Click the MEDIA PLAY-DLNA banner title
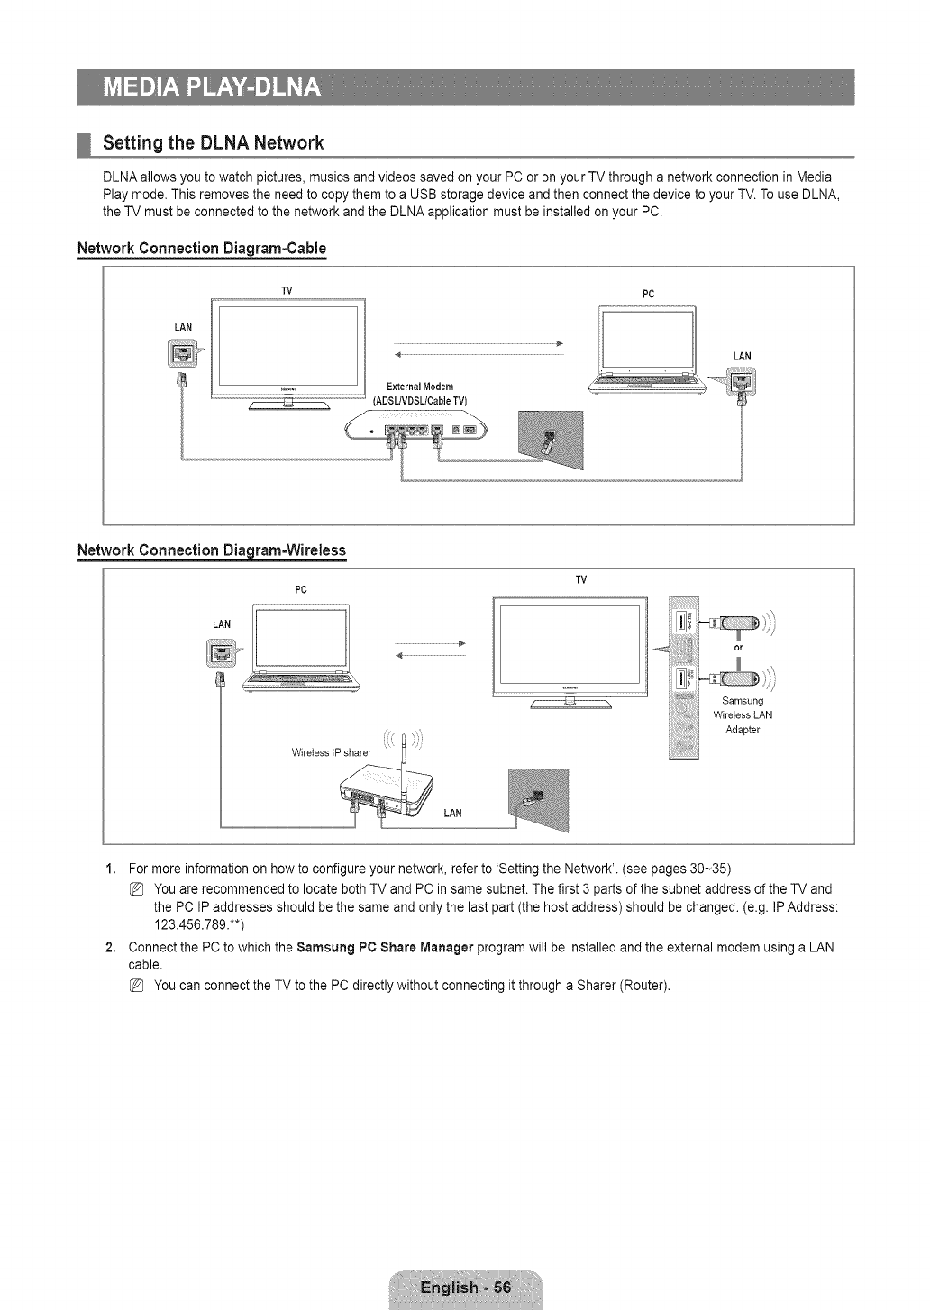212,87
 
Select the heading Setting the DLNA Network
213,143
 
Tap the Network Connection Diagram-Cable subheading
201,248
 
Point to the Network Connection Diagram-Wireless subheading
212,550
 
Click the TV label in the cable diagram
287,290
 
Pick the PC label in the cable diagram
647,294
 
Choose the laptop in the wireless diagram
302,647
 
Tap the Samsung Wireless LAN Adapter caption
743,714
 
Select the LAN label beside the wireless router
452,814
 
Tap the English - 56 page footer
465,1287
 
